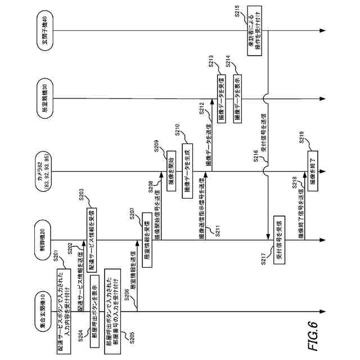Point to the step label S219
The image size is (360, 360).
click(x=300, y=135)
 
